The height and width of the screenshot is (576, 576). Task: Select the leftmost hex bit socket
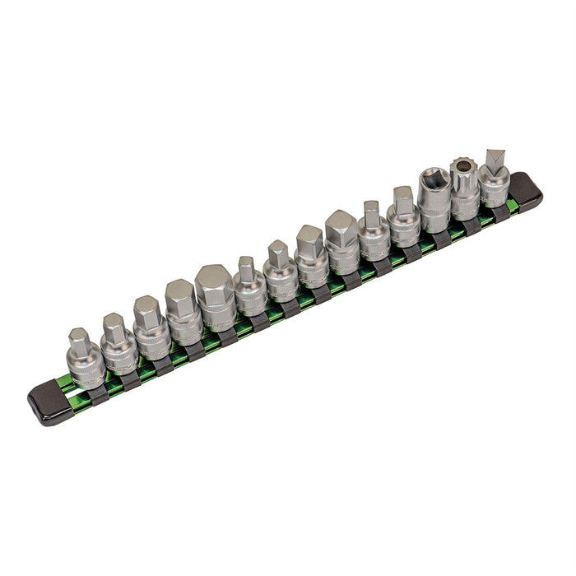tap(85, 359)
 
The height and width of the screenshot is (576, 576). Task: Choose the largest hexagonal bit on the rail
tap(216, 297)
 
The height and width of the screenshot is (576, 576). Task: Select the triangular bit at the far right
tap(494, 177)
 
